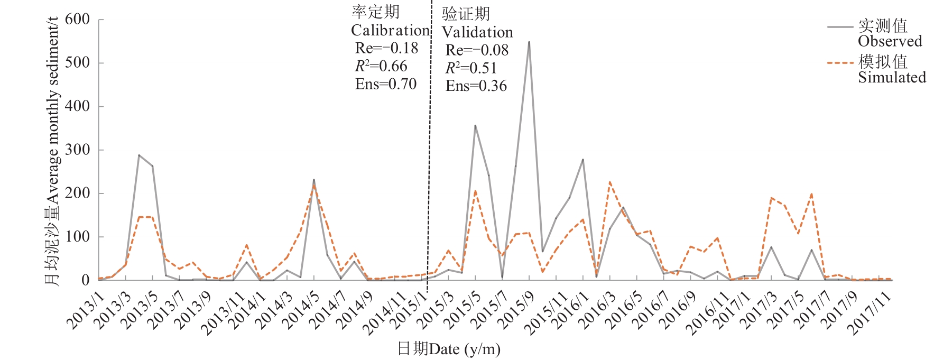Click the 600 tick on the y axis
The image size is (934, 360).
77,20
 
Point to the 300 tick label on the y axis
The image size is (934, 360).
77,150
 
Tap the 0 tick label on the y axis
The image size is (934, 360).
85,280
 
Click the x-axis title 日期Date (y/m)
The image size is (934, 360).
449,349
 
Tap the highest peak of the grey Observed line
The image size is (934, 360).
529,42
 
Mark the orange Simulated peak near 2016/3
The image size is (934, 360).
610,182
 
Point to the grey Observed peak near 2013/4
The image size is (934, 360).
139,155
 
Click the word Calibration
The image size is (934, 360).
390,30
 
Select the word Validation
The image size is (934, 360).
477,32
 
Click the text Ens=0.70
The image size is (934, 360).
386,84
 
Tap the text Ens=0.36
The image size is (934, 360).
476,86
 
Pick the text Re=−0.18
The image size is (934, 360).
386,48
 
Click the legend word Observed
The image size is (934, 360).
890,41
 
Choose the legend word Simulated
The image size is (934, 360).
892,78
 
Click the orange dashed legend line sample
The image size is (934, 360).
840,63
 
